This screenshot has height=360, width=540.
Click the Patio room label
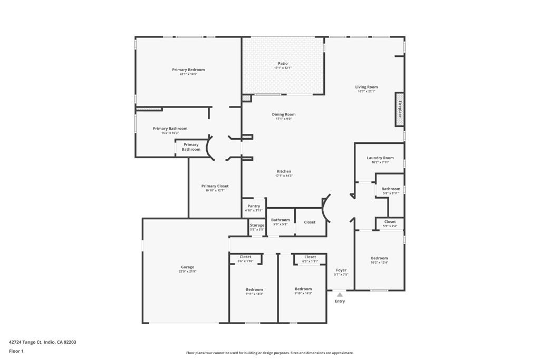[283, 64]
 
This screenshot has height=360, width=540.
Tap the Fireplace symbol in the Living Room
[400, 109]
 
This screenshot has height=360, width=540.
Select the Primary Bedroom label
[188, 70]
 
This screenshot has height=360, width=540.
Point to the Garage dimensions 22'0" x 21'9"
[188, 271]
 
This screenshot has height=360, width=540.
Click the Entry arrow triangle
[340, 295]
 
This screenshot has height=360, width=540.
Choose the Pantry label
[254, 206]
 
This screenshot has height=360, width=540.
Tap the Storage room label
[257, 226]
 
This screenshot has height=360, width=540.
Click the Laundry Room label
[380, 158]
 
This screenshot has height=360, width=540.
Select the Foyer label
[341, 270]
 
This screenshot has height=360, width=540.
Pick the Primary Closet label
[215, 186]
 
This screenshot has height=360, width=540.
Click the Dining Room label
[284, 114]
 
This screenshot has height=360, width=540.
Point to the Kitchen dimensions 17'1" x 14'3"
[284, 176]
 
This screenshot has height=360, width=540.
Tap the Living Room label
[366, 87]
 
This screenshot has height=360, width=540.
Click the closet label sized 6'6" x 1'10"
[245, 257]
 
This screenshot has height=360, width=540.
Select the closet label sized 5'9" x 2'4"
[390, 222]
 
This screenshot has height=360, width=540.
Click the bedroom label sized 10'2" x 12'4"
[379, 258]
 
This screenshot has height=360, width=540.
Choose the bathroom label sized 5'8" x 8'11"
[391, 189]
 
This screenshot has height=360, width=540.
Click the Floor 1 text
[16, 351]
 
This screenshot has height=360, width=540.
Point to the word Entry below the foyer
[340, 301]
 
